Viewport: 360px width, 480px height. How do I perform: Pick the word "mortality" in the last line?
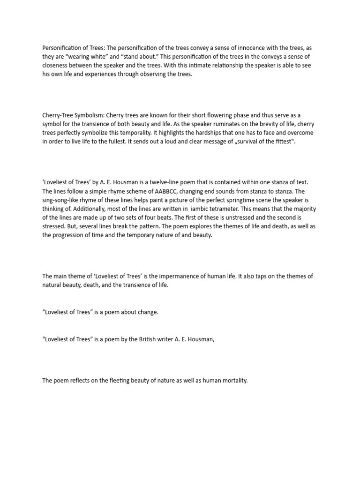[233, 380]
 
